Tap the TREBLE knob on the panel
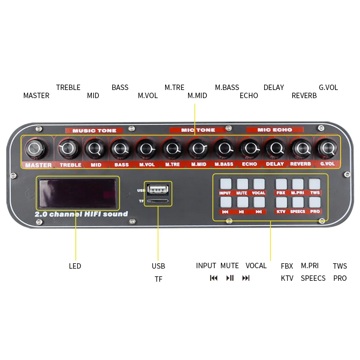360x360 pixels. (x=69, y=148)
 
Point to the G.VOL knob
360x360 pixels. (x=326, y=147)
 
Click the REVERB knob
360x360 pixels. (x=301, y=147)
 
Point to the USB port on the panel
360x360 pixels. (x=157, y=188)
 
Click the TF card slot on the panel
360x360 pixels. (x=157, y=200)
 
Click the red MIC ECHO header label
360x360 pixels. (x=274, y=130)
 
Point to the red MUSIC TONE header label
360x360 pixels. (x=94, y=130)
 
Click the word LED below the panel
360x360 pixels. (x=75, y=266)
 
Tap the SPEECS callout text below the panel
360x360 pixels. (x=313, y=278)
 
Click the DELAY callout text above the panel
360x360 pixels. (x=274, y=87)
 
